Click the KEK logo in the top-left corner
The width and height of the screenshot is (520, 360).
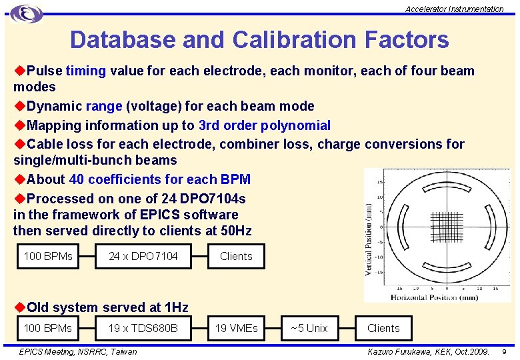tap(27, 13)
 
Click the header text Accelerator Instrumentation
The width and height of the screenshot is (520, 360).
tap(455, 9)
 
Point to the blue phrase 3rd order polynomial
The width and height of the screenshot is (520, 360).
tap(265, 125)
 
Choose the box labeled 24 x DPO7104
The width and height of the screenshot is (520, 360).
tap(143, 256)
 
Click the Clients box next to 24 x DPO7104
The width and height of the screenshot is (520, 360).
tap(236, 256)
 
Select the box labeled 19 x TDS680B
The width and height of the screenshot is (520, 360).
tap(143, 328)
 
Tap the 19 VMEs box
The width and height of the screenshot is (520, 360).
tap(236, 328)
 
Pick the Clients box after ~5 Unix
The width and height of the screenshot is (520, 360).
tap(383, 328)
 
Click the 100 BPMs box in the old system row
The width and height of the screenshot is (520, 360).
tap(48, 328)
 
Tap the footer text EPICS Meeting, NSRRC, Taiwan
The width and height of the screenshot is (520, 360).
tap(78, 351)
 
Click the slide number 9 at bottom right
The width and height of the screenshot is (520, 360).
tap(504, 351)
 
